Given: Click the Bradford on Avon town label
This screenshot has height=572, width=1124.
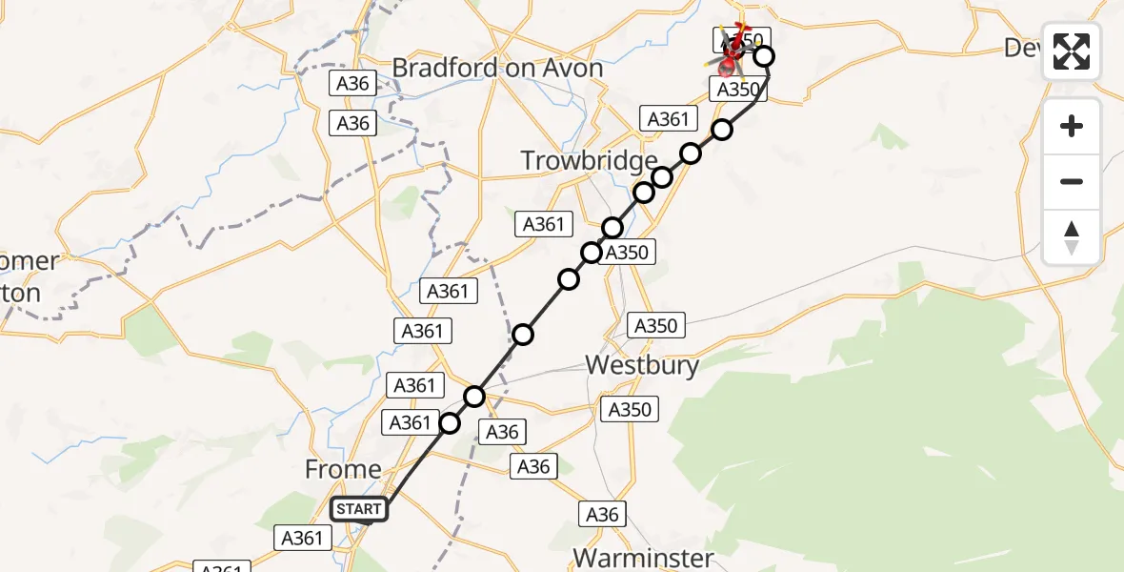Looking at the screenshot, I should [497, 69].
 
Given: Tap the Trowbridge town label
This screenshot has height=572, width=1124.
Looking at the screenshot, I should [589, 161].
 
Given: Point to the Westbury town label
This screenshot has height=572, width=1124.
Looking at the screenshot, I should [642, 364].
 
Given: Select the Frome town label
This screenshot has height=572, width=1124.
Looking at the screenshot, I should [343, 469].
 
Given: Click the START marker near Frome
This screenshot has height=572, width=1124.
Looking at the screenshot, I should [359, 509].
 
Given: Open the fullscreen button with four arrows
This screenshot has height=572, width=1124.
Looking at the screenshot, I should [1072, 51].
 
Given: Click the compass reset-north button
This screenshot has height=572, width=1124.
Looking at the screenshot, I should [1072, 237].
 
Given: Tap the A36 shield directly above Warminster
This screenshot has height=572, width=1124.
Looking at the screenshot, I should [602, 515].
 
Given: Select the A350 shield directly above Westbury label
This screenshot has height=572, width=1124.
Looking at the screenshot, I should [655, 326].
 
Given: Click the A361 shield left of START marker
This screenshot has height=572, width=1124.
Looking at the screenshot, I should [302, 538].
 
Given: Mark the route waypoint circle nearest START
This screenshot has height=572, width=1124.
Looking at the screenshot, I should [450, 422].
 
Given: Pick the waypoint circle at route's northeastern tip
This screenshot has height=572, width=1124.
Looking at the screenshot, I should [764, 56].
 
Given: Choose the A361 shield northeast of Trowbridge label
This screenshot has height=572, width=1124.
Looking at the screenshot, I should [667, 119].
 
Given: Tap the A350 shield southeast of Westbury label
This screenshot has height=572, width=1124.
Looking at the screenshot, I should [629, 409].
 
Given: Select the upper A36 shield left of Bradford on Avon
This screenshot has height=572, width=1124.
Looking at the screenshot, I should [352, 84].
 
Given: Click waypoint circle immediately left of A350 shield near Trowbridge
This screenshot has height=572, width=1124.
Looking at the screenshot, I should [592, 253].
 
